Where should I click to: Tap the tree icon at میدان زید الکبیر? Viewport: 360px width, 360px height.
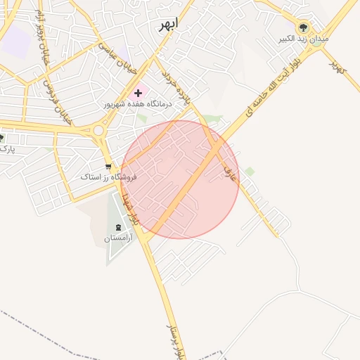tap(304, 27)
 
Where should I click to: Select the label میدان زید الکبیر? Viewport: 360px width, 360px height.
tap(304, 39)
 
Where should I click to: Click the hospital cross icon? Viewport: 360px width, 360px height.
tap(138, 93)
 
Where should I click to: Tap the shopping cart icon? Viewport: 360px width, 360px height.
tap(108, 167)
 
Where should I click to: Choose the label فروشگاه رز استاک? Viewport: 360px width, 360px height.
tap(108, 177)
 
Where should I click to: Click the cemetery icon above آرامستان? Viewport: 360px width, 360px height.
tap(117, 227)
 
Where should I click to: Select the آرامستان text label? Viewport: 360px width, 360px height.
tap(118, 238)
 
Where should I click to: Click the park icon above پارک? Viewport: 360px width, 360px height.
tap(1, 137)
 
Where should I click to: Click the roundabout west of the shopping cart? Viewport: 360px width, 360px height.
tap(98, 131)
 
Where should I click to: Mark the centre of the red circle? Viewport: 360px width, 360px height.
tap(180, 179)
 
